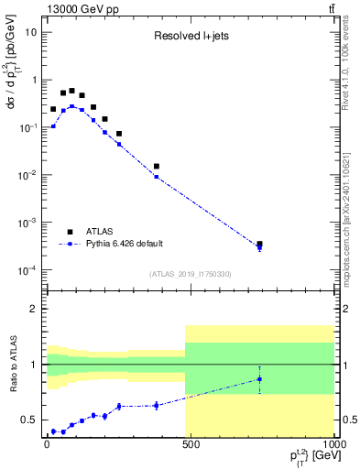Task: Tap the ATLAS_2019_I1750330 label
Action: click(x=190, y=274)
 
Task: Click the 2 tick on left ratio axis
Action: click(x=33, y=309)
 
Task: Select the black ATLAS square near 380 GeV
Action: click(x=157, y=167)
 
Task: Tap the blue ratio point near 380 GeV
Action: click(x=157, y=405)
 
